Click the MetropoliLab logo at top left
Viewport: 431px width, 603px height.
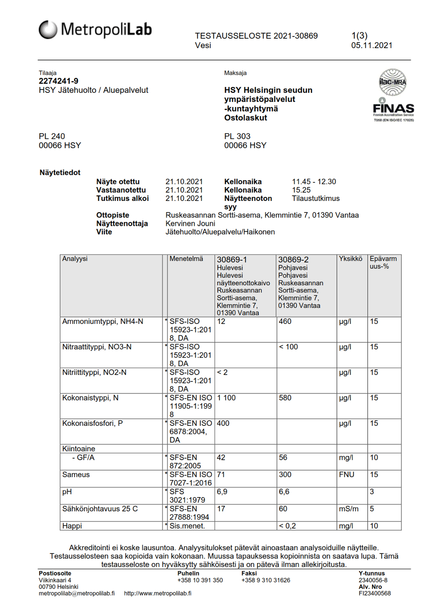[95, 30]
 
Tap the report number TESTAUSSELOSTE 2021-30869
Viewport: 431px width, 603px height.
[256, 36]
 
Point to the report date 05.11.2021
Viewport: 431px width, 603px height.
[372, 45]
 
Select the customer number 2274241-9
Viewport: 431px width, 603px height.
[58, 81]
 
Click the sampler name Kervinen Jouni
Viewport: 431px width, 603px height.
[190, 223]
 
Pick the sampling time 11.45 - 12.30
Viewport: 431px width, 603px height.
[314, 182]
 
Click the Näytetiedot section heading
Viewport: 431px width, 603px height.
[60, 172]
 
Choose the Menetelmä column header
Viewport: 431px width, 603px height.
[186, 258]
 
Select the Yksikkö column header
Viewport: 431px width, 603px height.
[351, 258]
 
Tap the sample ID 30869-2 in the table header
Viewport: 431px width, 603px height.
[293, 259]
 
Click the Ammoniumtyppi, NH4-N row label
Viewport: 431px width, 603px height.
[102, 321]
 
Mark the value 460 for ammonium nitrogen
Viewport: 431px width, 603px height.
[285, 321]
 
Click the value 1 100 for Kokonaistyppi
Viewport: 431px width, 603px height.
[226, 398]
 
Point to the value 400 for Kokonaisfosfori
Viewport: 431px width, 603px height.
[223, 423]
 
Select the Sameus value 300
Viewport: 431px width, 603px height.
[285, 474]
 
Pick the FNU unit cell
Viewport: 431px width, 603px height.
[346, 474]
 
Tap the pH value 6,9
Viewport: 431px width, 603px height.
[222, 492]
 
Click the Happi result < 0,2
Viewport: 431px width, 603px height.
[287, 526]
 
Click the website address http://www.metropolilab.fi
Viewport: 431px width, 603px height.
[157, 593]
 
